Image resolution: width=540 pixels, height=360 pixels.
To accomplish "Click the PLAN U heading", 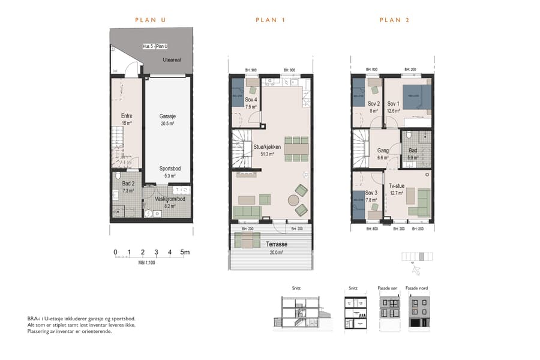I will [x=150, y=20].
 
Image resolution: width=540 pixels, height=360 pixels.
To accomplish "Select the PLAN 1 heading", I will [x=270, y=20].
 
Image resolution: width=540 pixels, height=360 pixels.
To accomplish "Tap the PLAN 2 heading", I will [x=394, y=20].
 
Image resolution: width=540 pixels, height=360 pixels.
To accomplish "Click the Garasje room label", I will [x=167, y=116].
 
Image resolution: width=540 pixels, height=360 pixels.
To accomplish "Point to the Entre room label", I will [x=127, y=116].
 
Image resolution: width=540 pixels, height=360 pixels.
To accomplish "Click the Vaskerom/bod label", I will [x=170, y=199].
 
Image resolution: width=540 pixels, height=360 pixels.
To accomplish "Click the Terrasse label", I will [x=277, y=245].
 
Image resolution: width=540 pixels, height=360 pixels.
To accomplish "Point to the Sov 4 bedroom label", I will [x=251, y=100].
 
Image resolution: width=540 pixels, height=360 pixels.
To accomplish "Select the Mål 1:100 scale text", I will [x=146, y=263].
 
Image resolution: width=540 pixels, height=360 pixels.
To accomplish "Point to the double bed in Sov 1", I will [x=416, y=97].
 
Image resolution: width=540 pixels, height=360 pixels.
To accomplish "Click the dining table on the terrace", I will [x=247, y=241].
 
